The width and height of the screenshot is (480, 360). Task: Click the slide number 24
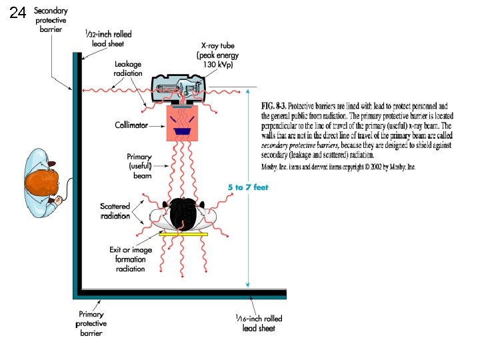tap(18, 13)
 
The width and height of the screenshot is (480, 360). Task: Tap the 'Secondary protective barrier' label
tap(50, 20)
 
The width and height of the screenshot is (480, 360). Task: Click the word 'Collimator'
tap(131, 124)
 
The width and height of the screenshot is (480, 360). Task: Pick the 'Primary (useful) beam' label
tap(139, 166)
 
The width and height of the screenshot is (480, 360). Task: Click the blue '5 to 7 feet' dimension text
tap(248, 187)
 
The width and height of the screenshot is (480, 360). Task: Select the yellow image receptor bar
tap(183, 235)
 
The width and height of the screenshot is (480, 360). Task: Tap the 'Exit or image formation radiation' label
tap(131, 259)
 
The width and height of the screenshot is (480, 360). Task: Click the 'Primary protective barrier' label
tap(91, 323)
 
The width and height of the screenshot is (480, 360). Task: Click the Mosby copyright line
tap(338, 167)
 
